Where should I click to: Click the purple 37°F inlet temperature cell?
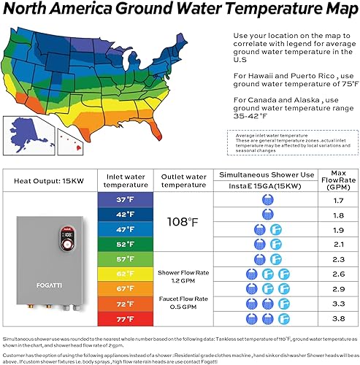click(117, 199)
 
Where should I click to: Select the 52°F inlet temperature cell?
click(117, 245)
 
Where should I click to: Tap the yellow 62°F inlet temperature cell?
click(117, 275)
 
